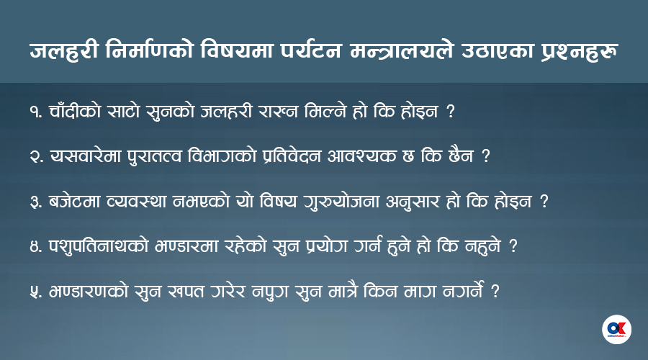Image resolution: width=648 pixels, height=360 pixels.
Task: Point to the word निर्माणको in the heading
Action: pos(149,50)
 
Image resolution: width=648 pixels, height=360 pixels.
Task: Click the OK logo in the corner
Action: pos(616,330)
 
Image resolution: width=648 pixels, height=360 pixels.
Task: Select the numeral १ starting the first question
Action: pos(34,112)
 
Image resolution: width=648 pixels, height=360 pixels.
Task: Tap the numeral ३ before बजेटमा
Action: pos(35,202)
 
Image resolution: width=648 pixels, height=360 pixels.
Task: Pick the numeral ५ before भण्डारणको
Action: pos(35,292)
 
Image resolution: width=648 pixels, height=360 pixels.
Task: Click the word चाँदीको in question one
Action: pos(75,111)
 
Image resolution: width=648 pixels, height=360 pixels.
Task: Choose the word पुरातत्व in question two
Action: pos(154,157)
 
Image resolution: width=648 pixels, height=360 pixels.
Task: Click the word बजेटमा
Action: pos(74,202)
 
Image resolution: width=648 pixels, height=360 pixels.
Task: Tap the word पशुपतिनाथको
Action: pos(99,246)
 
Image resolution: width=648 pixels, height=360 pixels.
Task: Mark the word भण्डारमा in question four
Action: pos(186,246)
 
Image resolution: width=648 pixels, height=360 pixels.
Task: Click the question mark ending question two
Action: pos(486,156)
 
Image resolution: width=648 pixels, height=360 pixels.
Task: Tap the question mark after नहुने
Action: pos(513,246)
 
